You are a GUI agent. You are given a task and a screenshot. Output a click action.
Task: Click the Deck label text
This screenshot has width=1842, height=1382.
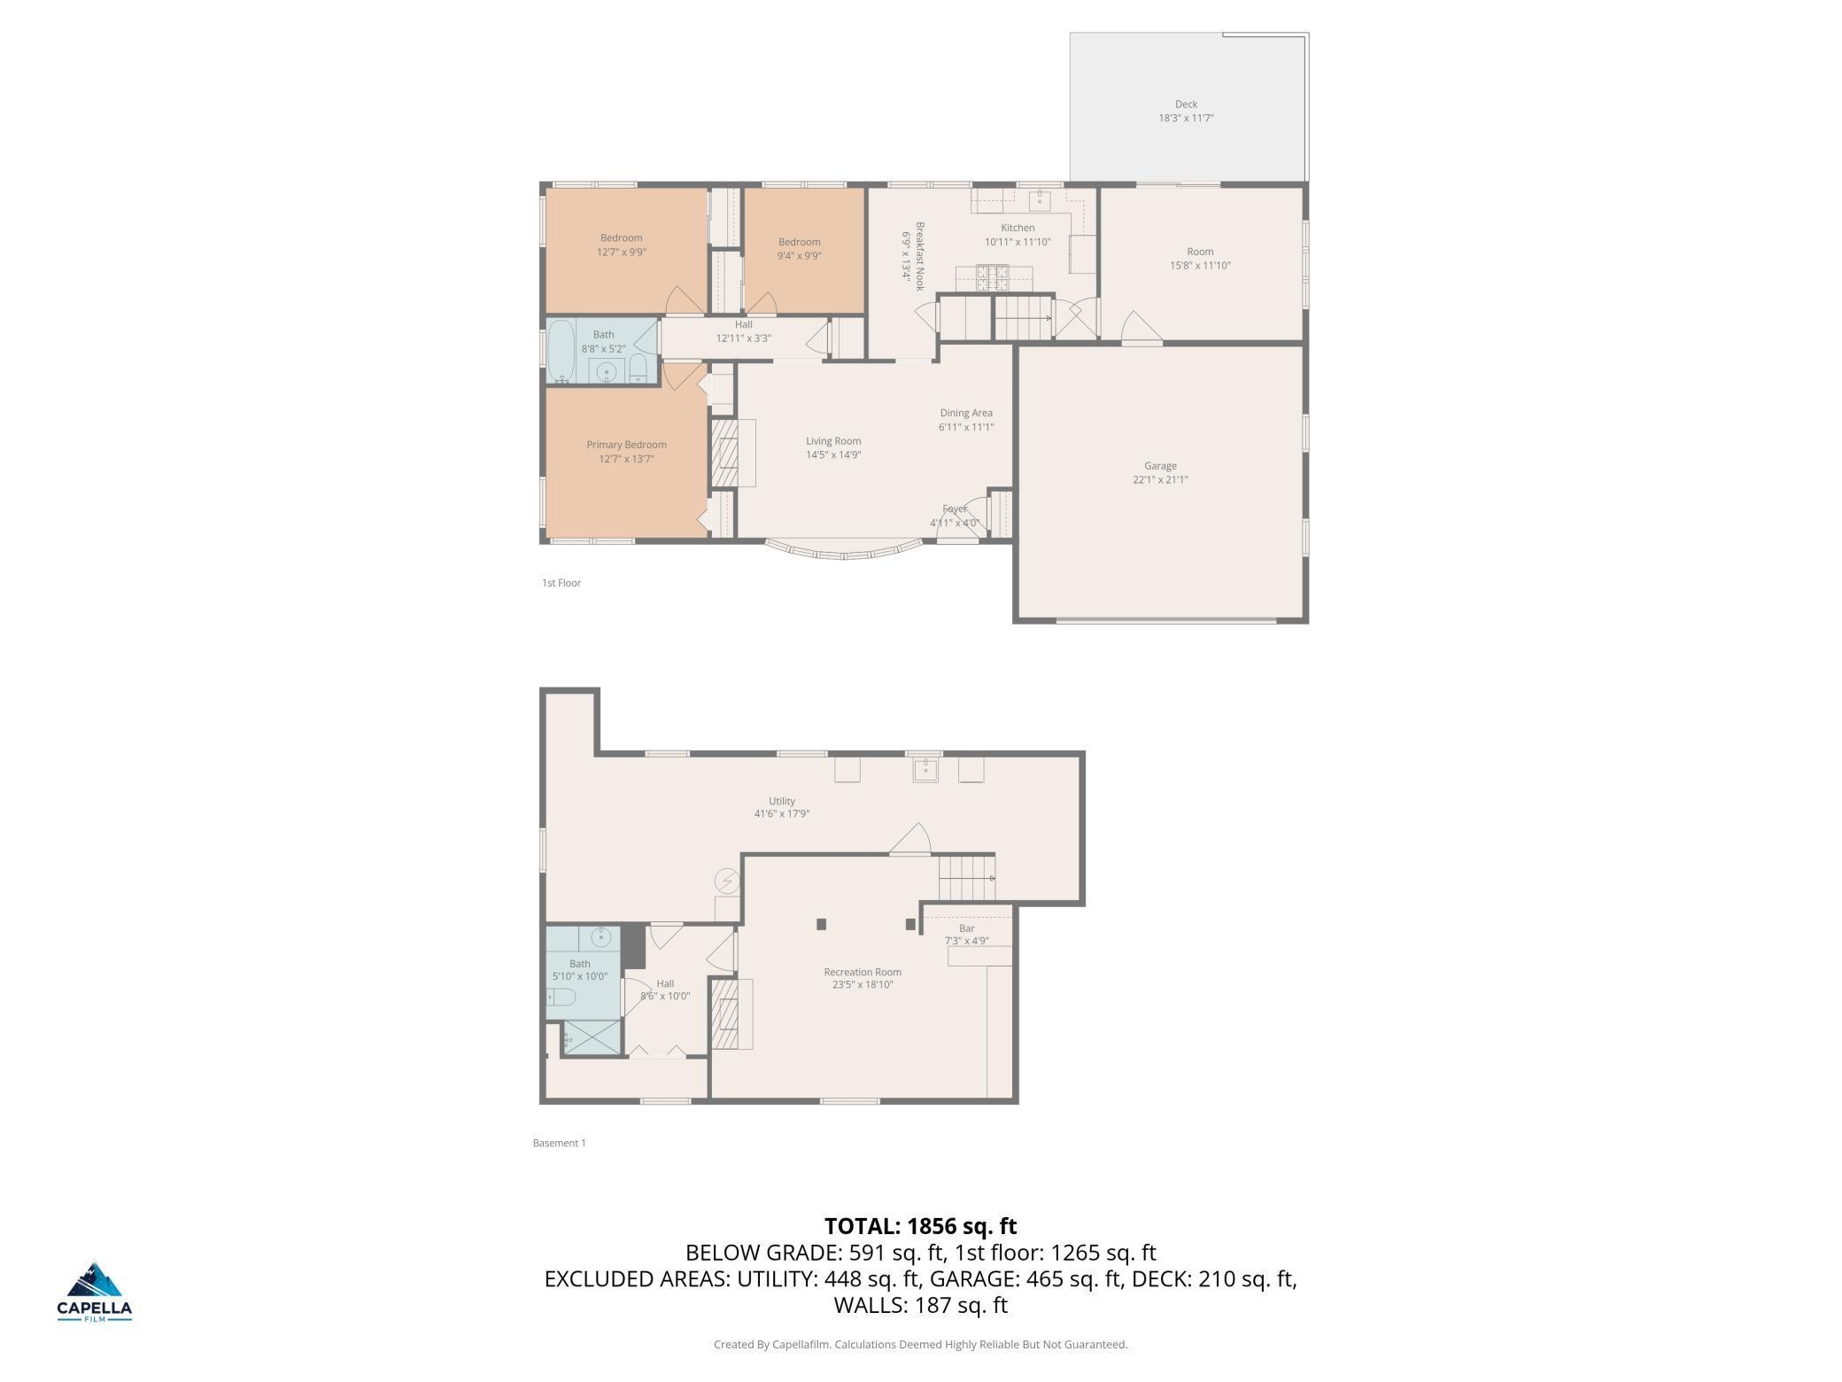[1186, 105]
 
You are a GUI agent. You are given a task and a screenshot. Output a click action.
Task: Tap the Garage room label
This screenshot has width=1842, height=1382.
[1160, 466]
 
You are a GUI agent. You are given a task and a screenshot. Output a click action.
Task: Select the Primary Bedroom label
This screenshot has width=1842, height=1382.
[626, 445]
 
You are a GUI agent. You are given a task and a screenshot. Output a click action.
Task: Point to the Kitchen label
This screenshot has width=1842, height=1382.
[1018, 228]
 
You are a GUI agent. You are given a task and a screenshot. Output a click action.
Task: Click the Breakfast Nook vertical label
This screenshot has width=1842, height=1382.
[920, 256]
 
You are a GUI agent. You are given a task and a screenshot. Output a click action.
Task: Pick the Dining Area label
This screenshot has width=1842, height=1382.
[966, 413]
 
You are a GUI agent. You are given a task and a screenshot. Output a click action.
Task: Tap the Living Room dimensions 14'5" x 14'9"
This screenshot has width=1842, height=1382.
[833, 455]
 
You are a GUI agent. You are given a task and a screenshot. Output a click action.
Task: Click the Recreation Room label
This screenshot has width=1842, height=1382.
[863, 972]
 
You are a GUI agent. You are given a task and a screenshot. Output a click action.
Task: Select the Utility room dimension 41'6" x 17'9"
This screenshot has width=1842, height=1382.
[782, 814]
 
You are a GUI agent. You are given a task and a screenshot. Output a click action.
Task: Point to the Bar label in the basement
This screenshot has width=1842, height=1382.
[967, 928]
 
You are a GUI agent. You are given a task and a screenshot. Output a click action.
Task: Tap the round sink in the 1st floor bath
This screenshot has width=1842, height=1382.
[607, 372]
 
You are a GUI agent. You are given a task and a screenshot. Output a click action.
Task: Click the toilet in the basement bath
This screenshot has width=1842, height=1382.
[561, 998]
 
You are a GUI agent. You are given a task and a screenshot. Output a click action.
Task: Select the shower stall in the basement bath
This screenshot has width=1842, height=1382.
[592, 1037]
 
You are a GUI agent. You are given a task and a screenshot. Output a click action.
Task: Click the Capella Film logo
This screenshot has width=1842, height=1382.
[95, 1293]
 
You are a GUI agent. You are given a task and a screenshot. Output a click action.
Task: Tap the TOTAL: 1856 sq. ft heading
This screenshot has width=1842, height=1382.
[921, 1226]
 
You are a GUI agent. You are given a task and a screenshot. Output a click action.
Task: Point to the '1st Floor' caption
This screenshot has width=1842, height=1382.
[561, 583]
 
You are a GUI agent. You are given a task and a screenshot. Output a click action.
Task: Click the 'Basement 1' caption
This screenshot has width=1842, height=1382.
[560, 1143]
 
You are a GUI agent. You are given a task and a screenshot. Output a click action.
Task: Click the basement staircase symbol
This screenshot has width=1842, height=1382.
[967, 877]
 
